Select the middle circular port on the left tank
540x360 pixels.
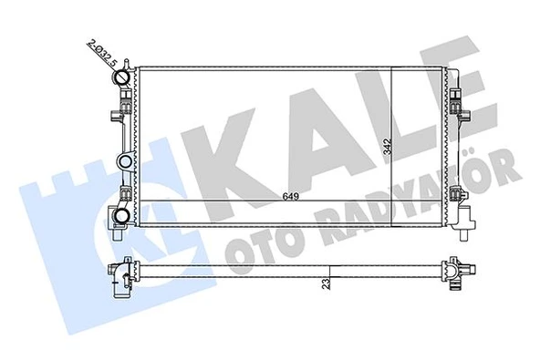122,162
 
